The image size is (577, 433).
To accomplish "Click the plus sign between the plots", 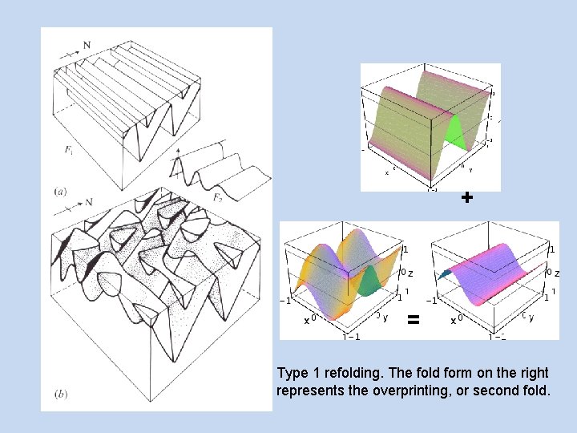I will pos(467,197).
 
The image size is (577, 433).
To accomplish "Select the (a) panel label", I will pos(60,192).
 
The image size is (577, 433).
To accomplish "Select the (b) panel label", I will pos(61,394).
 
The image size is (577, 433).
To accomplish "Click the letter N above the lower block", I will pos(88,201).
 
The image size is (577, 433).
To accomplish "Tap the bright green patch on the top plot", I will pos(454,133).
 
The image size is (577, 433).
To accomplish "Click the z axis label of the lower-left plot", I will pos(410,273).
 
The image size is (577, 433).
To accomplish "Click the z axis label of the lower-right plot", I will pos(556,273).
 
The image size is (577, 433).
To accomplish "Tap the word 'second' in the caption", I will pos(506,391).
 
